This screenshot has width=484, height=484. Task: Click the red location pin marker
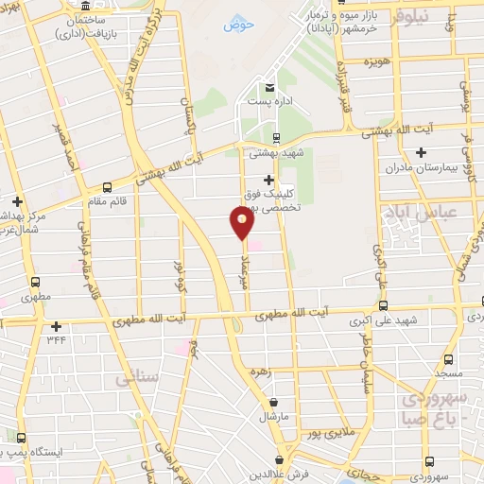coord(242,223)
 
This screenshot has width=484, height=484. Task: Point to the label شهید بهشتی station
coord(270,152)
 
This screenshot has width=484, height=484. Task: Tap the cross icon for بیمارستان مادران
coord(421,152)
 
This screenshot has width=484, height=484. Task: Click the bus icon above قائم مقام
coord(107,186)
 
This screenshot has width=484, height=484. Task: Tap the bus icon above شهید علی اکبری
coord(383,305)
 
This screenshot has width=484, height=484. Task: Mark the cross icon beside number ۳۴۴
coord(56,325)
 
